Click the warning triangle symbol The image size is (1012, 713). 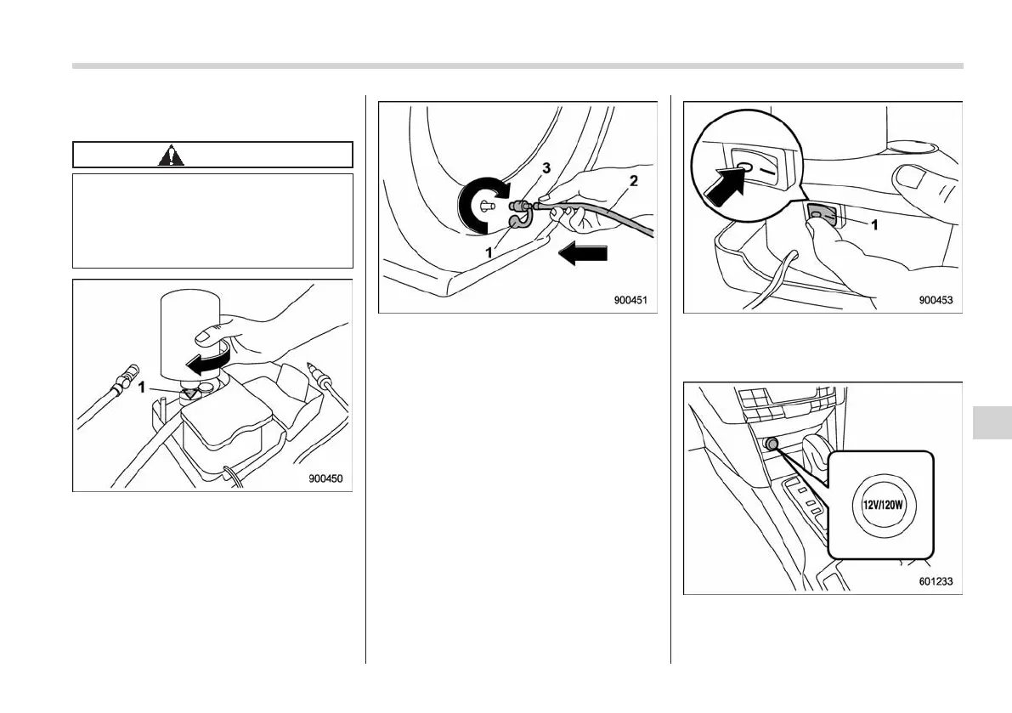pos(171,156)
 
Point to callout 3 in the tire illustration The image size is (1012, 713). pos(546,169)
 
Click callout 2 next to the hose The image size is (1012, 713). pos(633,180)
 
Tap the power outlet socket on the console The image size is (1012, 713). pos(771,444)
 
